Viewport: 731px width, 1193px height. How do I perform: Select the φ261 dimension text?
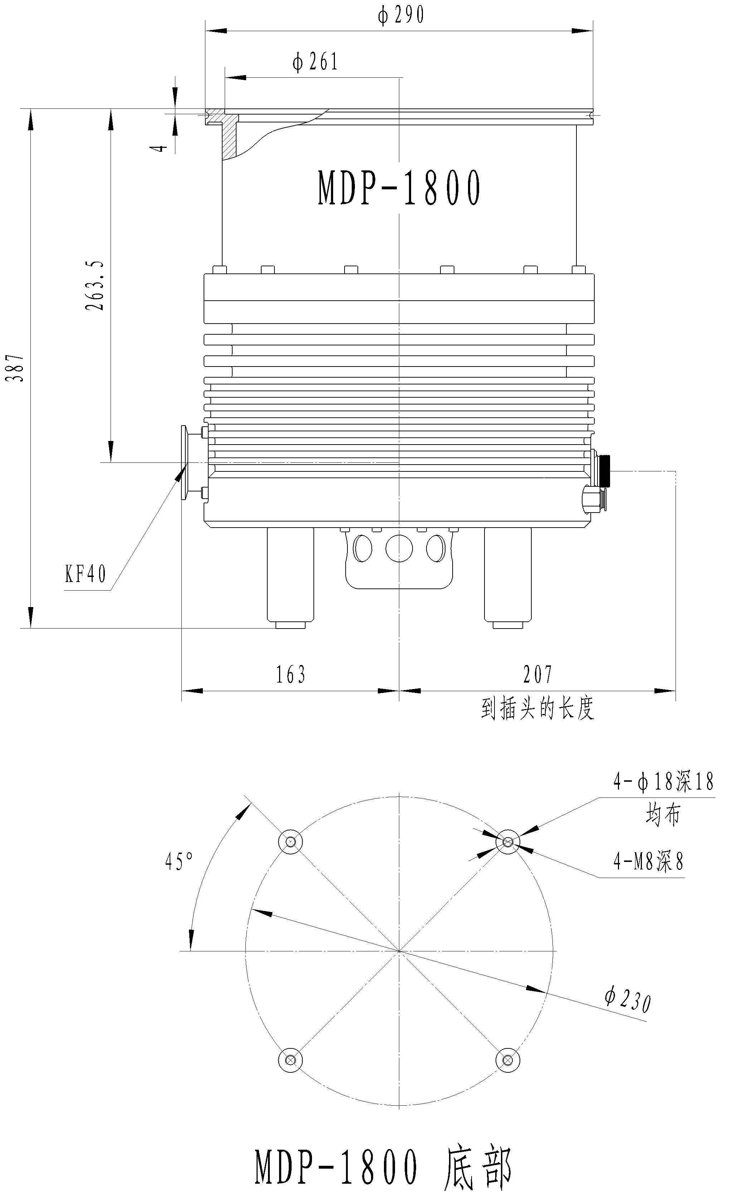315,62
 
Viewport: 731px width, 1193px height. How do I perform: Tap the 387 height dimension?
18,368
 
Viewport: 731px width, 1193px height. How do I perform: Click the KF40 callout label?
85,575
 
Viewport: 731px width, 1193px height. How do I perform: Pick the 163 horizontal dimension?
291,674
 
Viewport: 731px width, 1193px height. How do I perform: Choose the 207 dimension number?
537,674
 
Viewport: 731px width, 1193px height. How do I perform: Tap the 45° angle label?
179,862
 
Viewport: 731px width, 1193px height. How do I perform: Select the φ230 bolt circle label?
627,1000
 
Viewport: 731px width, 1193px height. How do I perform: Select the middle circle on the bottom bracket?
399,549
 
